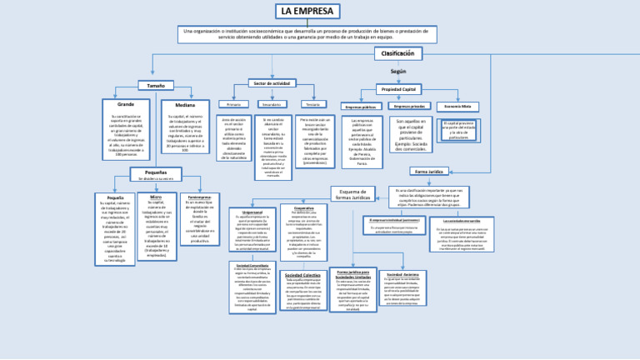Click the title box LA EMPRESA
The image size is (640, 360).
307,11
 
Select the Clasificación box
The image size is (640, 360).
397,53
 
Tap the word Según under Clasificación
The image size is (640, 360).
397,72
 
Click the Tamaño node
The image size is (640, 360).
155,85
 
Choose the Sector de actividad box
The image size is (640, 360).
272,83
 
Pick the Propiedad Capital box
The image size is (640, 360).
398,89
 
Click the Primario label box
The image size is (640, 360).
233,104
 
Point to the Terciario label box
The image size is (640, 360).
313,104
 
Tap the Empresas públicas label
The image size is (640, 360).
360,107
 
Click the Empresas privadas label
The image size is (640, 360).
409,107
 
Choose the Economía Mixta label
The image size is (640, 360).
457,107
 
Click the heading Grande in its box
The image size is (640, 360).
126,104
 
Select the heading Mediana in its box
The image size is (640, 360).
185,105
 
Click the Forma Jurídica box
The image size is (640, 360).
429,171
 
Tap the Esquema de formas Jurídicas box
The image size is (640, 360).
352,193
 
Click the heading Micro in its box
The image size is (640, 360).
156,197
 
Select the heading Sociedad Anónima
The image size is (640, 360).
402,273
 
